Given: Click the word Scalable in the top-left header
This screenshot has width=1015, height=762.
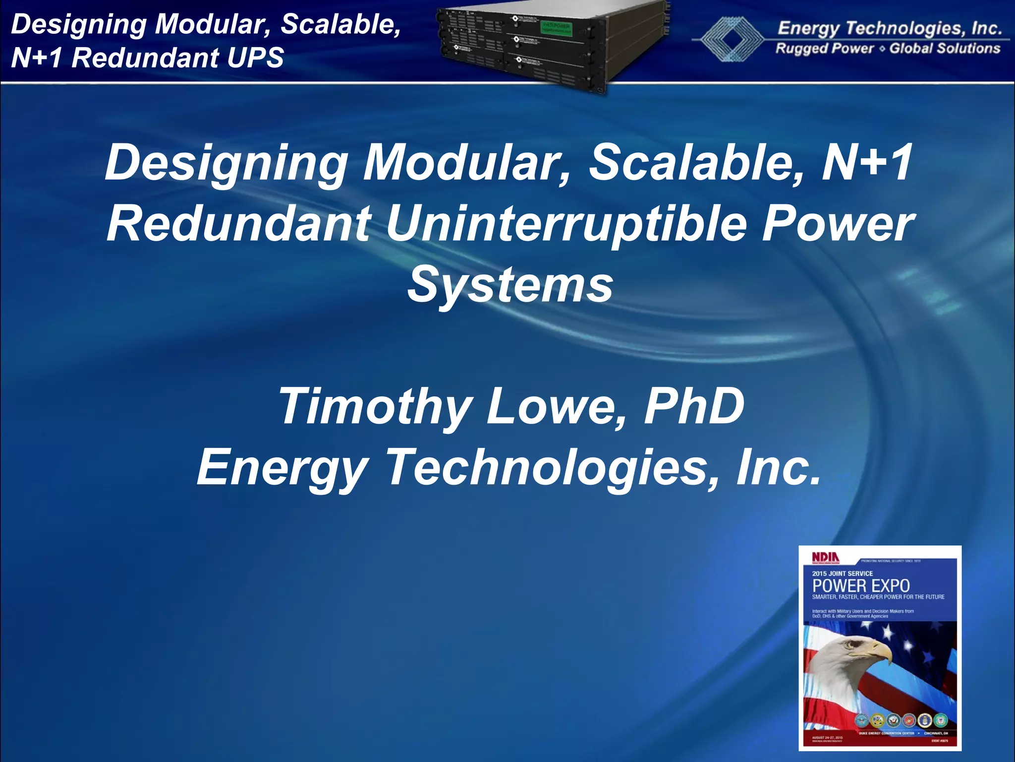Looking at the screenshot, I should pos(341,25).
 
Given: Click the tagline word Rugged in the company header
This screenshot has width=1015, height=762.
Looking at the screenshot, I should pos(799,49).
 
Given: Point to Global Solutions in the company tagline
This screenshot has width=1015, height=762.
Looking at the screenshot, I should pos(945,49).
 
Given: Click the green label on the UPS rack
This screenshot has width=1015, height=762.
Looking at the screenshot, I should pos(557,27).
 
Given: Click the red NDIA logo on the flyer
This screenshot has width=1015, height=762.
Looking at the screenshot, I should pos(825,558).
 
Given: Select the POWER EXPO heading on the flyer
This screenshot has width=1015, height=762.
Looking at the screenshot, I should pos(861,585).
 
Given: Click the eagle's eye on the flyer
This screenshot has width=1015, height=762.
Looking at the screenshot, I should pos(853,645).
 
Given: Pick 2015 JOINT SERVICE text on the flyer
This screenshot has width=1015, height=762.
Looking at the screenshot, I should pos(843,573).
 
